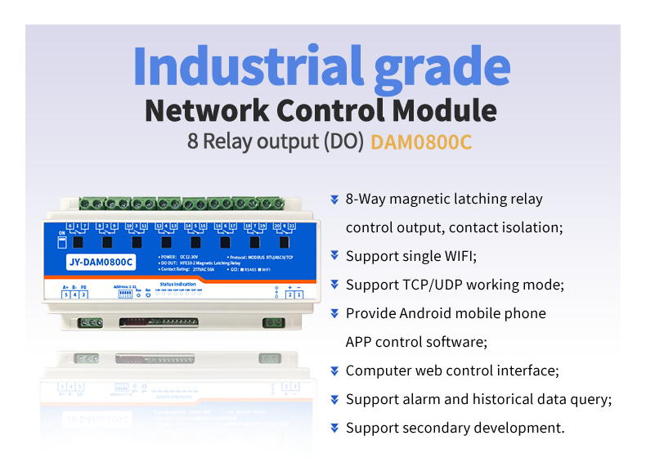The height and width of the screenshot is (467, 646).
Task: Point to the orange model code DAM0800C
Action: click(x=421, y=141)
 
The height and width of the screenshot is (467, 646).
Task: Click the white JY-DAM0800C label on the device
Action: click(x=97, y=263)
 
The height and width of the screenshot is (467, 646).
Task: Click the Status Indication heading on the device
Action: click(x=177, y=285)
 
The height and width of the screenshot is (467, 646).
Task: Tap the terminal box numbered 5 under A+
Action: click(x=65, y=294)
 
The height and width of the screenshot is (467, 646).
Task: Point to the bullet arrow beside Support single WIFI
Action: click(x=334, y=256)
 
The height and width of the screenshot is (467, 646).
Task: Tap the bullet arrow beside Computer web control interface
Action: click(x=334, y=370)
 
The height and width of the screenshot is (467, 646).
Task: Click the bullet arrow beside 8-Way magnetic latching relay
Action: click(x=334, y=199)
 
